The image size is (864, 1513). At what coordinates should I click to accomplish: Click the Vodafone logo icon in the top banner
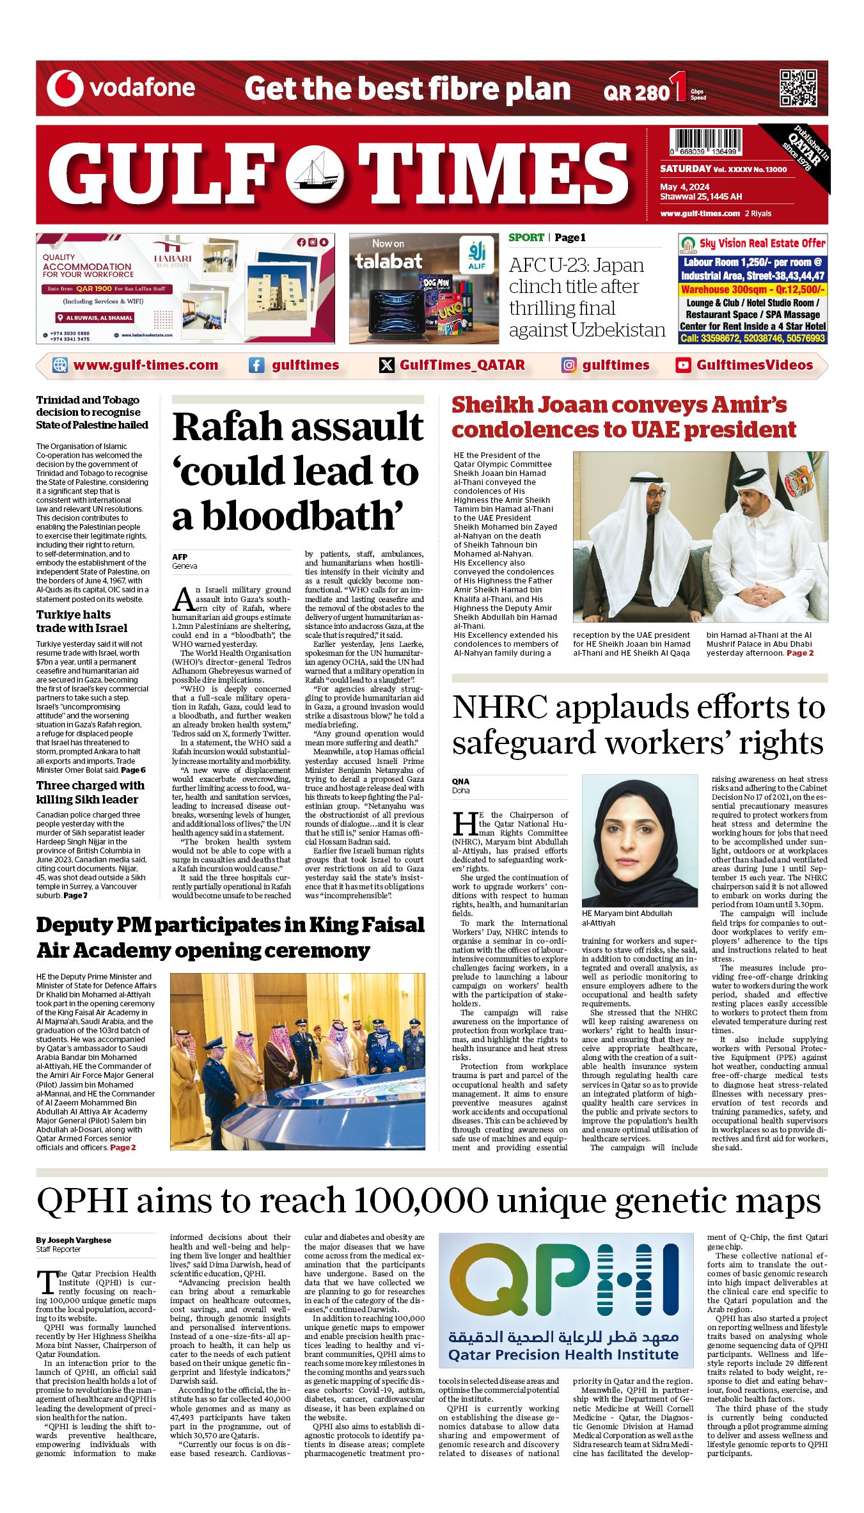[x=65, y=88]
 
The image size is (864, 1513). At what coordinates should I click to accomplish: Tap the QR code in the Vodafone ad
[x=797, y=88]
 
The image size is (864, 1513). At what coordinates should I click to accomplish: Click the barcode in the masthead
[x=706, y=141]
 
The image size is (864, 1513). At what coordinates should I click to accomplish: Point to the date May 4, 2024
[x=685, y=187]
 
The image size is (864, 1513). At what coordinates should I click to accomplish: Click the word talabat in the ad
[x=389, y=261]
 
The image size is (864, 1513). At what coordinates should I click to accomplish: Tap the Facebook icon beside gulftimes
[x=256, y=365]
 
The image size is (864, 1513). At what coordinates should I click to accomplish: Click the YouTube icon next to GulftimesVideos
[x=683, y=365]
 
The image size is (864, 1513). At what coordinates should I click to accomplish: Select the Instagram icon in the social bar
[x=569, y=365]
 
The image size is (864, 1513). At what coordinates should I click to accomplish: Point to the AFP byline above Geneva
[x=180, y=557]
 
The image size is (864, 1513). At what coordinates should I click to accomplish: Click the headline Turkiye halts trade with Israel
[x=81, y=621]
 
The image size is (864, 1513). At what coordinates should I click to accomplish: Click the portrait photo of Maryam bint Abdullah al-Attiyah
[x=640, y=840]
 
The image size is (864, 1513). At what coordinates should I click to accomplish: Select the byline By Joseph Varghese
[x=74, y=1240]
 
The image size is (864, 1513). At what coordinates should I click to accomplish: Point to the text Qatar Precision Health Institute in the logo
[x=563, y=1354]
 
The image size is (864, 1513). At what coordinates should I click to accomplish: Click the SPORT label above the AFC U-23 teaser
[x=526, y=237]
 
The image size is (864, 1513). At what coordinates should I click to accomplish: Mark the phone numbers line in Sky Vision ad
[x=753, y=338]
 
